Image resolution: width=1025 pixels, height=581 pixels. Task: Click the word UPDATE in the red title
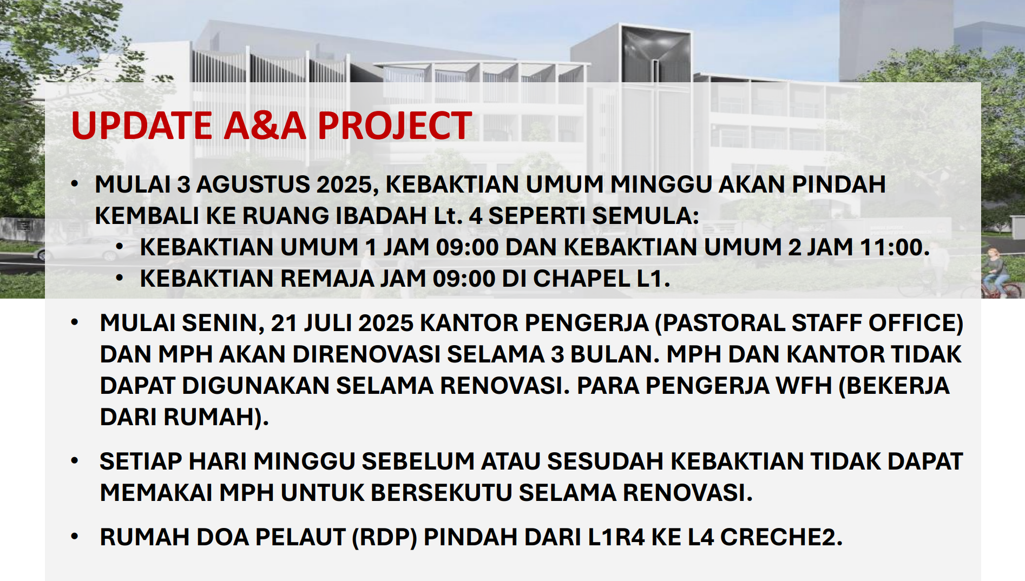click(x=142, y=126)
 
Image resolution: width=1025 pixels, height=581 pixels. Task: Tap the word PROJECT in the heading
click(x=395, y=126)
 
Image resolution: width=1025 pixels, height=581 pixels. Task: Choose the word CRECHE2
click(x=781, y=537)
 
